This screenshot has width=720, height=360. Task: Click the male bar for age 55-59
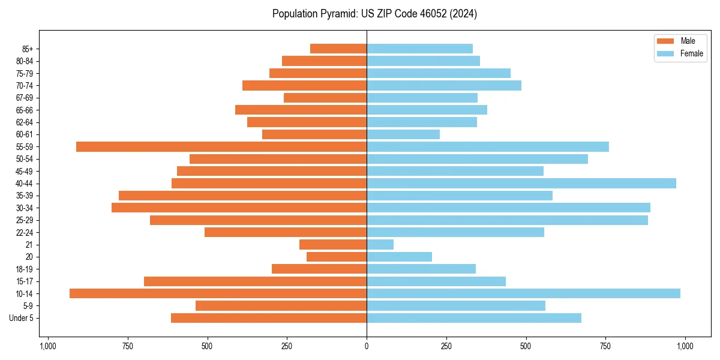pyautogui.click(x=221, y=147)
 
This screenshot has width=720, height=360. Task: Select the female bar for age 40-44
pyautogui.click(x=521, y=184)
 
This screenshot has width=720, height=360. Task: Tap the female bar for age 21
pyautogui.click(x=380, y=245)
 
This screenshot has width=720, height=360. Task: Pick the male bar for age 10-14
pyautogui.click(x=218, y=293)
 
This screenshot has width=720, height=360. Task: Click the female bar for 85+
pyautogui.click(x=419, y=49)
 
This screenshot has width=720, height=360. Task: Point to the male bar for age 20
pyautogui.click(x=337, y=257)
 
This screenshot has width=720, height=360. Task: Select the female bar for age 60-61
pyautogui.click(x=403, y=134)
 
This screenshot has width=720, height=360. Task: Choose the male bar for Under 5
pyautogui.click(x=269, y=318)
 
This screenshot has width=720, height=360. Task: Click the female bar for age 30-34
pyautogui.click(x=508, y=208)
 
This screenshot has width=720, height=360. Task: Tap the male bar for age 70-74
pyautogui.click(x=304, y=86)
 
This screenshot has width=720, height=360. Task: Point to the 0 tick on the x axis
pyautogui.click(x=367, y=346)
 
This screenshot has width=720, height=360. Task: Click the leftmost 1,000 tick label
pyautogui.click(x=48, y=346)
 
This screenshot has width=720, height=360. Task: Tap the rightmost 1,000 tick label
pyautogui.click(x=685, y=346)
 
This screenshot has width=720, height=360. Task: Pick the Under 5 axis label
pyautogui.click(x=21, y=318)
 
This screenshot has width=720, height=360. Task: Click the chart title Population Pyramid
pyautogui.click(x=374, y=14)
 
